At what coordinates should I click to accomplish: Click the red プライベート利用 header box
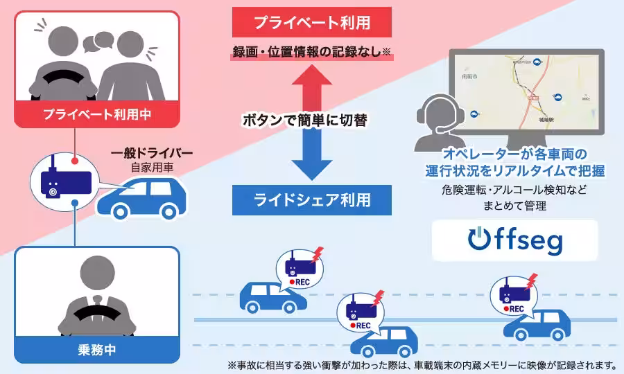[311, 22]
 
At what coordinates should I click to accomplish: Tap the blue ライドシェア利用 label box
[311, 200]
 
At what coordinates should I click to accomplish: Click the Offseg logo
[515, 240]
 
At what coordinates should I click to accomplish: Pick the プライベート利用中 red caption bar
[96, 114]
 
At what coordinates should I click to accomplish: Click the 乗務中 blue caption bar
[96, 349]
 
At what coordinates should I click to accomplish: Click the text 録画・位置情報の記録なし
[311, 52]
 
